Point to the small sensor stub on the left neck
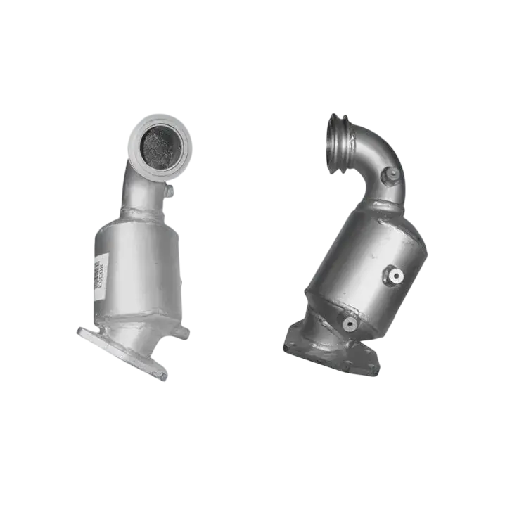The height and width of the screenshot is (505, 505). [168, 190]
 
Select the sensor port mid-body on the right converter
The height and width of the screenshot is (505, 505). [396, 276]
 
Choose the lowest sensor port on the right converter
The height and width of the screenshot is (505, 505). [349, 324]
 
